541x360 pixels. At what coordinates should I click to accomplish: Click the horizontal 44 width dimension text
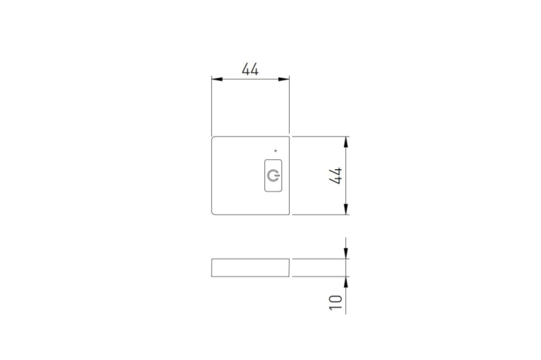click(250, 69)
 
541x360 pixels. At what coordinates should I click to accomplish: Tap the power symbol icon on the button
click(272, 176)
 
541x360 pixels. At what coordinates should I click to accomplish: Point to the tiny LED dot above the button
click(275, 150)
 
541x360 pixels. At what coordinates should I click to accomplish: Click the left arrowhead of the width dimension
click(216, 79)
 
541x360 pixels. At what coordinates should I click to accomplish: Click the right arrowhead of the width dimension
click(284, 79)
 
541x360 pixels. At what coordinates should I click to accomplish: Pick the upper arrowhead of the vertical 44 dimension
click(346, 142)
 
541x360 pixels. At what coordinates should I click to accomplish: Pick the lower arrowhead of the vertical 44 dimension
click(346, 209)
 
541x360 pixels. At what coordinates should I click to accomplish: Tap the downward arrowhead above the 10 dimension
click(346, 254)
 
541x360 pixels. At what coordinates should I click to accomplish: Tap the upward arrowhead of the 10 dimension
click(346, 281)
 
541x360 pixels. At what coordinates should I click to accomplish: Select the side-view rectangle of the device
click(250, 267)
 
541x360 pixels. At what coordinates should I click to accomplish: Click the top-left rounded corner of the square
click(213, 139)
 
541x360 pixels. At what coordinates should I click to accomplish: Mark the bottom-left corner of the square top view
click(213, 212)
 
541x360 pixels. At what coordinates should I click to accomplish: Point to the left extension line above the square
click(212, 108)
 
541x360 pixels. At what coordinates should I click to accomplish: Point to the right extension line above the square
click(289, 108)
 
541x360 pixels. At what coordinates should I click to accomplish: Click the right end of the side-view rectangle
click(289, 267)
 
